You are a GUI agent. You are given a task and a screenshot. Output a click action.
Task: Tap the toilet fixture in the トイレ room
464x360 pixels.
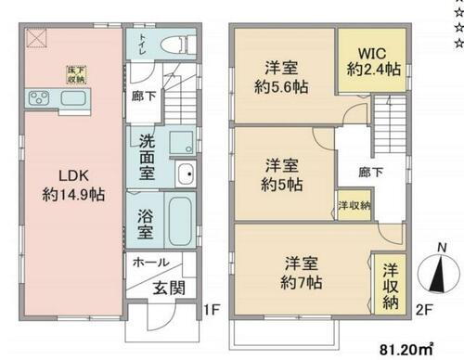174,43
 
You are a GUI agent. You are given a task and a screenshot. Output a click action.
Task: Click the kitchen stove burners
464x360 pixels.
42,97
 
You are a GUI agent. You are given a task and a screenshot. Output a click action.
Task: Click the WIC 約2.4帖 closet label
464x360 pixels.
360,58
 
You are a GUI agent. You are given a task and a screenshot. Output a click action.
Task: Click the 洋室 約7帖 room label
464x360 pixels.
302,268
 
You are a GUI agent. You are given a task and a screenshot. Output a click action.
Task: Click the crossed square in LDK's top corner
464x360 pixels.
36,36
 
